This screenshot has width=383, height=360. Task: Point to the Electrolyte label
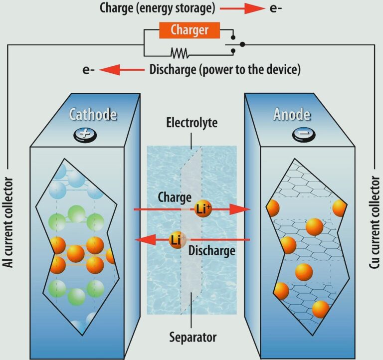coord(192,123)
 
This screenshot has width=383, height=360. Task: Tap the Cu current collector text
coord(375,222)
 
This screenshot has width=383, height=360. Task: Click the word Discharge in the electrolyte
coord(212,250)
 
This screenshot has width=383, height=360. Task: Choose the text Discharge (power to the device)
coord(225,69)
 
